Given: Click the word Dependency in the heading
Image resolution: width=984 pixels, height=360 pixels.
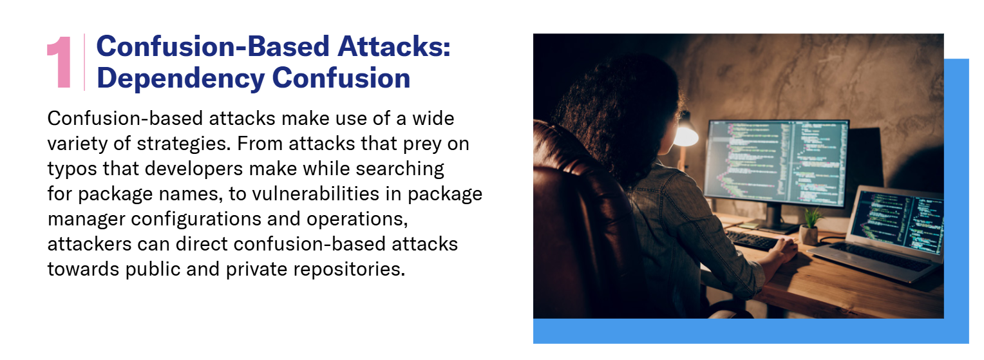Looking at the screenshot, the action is point(180,79).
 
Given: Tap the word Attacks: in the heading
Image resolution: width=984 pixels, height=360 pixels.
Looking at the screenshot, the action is point(394,46).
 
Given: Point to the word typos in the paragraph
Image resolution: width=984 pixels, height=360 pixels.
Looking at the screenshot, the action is point(72,169).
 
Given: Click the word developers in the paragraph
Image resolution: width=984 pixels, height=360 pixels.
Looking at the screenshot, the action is point(194,169).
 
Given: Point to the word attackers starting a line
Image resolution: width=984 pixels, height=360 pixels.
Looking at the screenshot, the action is point(89,244).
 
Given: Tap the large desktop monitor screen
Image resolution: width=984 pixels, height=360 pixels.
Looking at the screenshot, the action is point(775,163).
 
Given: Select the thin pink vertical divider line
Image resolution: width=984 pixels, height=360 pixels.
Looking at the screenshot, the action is point(84,62).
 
